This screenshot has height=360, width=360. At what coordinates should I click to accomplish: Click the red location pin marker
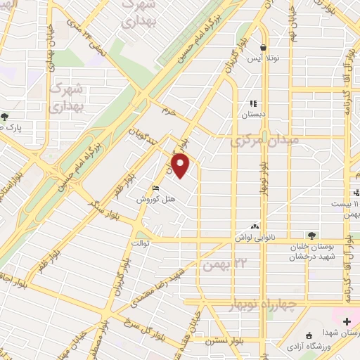(181, 165)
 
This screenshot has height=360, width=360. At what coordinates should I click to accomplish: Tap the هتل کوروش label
(156, 199)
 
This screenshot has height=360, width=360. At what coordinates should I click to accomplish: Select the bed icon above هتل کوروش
(156, 188)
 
